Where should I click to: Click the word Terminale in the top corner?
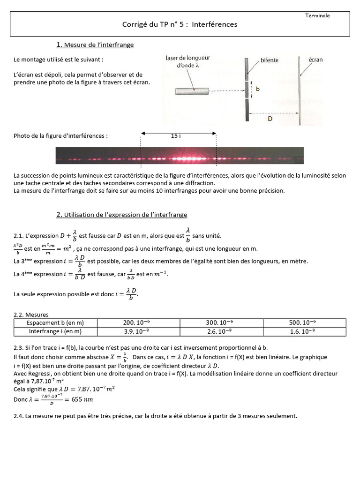317,15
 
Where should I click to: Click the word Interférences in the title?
215,24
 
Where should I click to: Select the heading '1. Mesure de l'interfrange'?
95,45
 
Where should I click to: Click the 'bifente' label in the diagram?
270,60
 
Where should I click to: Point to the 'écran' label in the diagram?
315,60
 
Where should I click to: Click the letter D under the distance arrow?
270,119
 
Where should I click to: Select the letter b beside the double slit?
257,89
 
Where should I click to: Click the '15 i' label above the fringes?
176,136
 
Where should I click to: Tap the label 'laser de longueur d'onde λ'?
188,62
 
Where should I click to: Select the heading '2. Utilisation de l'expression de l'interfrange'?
122,215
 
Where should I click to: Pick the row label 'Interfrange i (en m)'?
55,331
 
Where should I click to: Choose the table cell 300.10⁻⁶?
220,323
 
